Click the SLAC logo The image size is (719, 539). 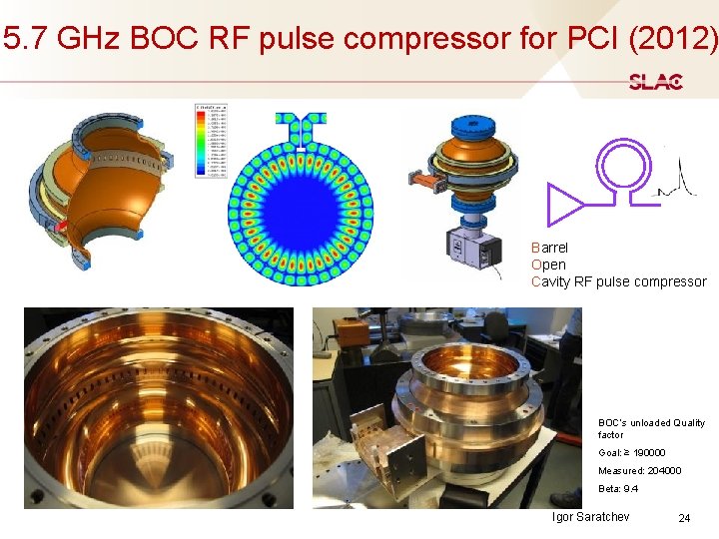(655, 82)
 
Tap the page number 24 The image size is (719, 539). (684, 518)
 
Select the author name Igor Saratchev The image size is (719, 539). (590, 517)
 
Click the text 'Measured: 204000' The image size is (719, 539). (639, 471)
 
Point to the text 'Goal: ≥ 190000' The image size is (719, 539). (631, 453)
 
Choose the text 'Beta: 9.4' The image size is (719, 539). (618, 489)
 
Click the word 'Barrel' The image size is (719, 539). (550, 247)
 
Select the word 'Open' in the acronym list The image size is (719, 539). (548, 265)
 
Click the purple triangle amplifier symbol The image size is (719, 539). (565, 204)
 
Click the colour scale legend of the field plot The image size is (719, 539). (212, 140)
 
